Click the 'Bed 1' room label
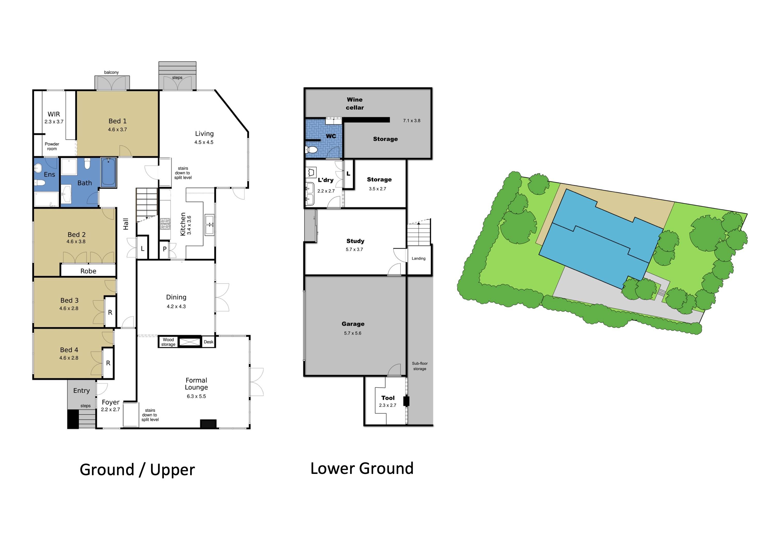(x=117, y=121)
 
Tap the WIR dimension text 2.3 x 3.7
(x=54, y=122)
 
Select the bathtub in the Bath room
(x=108, y=172)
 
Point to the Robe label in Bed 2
(x=88, y=271)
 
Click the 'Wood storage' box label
(x=168, y=342)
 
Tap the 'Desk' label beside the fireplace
(x=208, y=342)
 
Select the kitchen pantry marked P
(x=164, y=249)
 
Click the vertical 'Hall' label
(x=126, y=224)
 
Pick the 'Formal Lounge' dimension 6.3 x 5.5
(x=196, y=396)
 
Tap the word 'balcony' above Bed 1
(x=111, y=72)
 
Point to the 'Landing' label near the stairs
(x=418, y=258)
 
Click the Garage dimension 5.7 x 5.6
(x=352, y=333)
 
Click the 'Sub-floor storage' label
(x=419, y=366)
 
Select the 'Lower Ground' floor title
(x=362, y=468)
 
